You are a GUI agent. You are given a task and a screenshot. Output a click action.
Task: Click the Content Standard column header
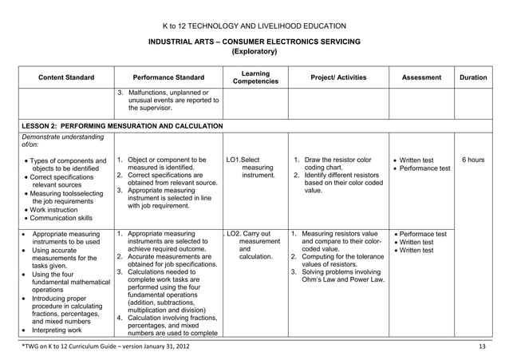coord(66,77)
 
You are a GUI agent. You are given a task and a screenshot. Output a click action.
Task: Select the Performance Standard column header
coord(168,77)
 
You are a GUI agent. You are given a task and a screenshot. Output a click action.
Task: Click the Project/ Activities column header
coord(338,77)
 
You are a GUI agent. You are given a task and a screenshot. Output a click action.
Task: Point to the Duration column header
coord(473,77)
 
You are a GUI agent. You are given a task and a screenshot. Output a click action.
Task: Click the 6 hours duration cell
coord(473,160)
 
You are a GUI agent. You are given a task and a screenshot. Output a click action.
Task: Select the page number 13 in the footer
coord(481,345)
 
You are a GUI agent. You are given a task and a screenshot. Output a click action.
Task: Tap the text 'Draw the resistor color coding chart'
coord(337,164)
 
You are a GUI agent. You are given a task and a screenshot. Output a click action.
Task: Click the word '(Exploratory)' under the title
coord(254,52)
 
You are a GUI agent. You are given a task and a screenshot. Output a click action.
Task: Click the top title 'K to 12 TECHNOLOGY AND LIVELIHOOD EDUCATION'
coord(254,26)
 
